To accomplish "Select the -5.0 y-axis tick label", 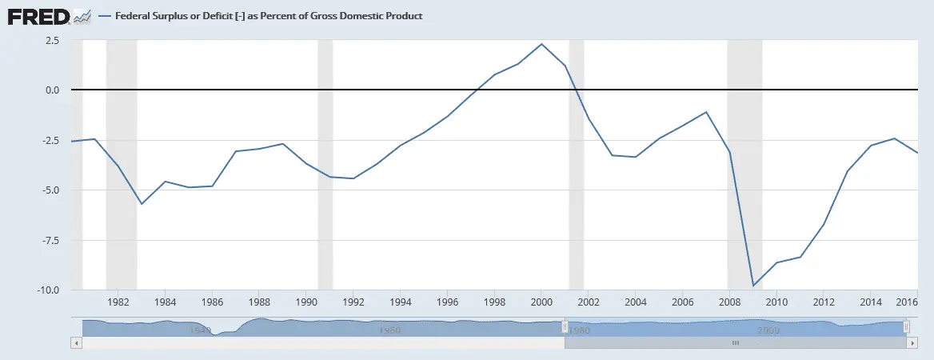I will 49,190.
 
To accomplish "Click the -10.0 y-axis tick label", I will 46,290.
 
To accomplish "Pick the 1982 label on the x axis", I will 118,304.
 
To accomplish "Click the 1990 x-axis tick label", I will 306,304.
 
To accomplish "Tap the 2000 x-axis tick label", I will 541,304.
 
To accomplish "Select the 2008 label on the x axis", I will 730,304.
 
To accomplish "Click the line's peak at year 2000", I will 541,44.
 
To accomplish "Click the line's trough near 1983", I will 142,204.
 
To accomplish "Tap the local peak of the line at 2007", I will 706,112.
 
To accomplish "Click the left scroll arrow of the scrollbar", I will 76,342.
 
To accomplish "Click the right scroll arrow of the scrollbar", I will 912,342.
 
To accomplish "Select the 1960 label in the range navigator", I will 389,330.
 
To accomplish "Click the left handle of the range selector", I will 565,326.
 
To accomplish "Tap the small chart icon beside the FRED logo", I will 82,16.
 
